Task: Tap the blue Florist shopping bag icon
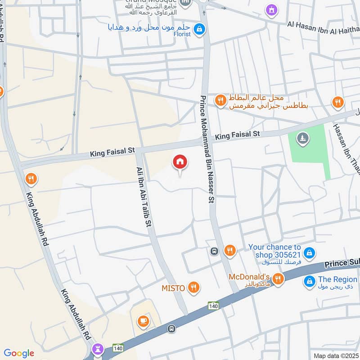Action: coord(200,30)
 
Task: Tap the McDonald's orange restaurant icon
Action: coord(278,279)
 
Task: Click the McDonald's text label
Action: coord(249,277)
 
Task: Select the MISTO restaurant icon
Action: coord(194,288)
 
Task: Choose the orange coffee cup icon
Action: coord(143,321)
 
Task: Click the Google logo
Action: coord(19,353)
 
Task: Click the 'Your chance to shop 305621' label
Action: coord(275,251)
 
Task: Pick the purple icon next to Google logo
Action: coord(99,349)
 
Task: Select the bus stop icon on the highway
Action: coord(171,329)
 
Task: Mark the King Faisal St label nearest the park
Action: coord(237,135)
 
